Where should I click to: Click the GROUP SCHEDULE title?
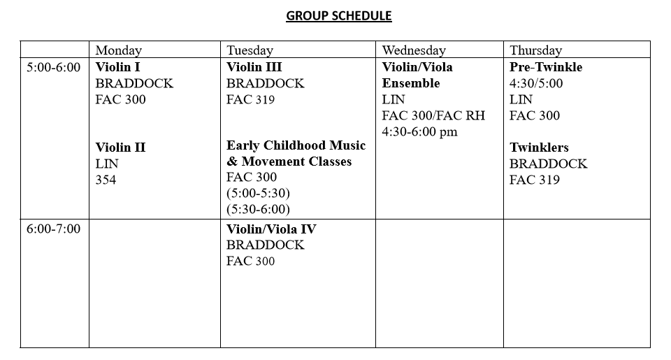(339, 16)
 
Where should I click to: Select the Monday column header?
(119, 50)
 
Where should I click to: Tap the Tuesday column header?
(250, 50)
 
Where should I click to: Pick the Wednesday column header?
(414, 50)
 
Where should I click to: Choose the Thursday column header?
(535, 50)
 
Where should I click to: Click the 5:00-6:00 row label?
(54, 67)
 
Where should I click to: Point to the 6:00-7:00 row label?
(54, 229)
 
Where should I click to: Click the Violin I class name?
(118, 67)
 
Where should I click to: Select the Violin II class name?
(120, 147)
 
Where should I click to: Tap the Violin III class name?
(254, 67)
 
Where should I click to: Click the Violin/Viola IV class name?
(272, 229)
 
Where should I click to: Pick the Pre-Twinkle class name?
(546, 67)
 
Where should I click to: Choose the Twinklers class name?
(539, 147)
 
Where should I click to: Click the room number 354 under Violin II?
(106, 180)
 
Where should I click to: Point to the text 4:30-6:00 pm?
(420, 131)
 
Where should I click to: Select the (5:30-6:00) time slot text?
(258, 209)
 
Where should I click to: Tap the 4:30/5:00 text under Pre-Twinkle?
(536, 83)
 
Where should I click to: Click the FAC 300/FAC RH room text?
(433, 115)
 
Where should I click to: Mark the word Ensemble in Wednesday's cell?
(411, 83)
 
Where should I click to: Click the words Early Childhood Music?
(296, 145)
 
